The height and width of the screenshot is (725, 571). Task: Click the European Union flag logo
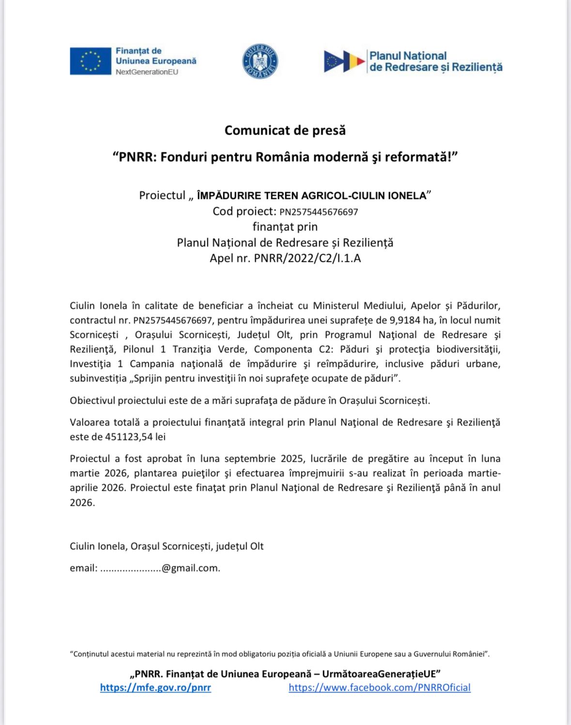[x=90, y=61]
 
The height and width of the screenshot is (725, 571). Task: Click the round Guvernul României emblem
[x=260, y=61]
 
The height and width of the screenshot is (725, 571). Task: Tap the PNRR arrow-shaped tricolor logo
[x=344, y=61]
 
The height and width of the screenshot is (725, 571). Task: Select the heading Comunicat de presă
[x=285, y=130]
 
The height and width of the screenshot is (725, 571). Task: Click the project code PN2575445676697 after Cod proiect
[x=319, y=211]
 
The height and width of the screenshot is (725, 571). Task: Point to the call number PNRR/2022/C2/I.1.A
[x=307, y=258]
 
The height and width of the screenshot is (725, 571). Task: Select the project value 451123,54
[x=128, y=437]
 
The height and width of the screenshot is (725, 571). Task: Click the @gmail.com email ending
[x=191, y=568]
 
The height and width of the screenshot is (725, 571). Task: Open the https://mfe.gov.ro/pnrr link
[x=155, y=687]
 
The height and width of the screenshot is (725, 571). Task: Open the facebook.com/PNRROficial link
[x=379, y=687]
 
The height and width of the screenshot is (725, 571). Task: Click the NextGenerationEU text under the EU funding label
[x=147, y=72]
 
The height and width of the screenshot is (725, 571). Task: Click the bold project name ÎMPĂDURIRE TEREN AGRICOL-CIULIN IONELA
[x=311, y=196]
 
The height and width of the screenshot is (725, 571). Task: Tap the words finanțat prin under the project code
[x=285, y=227]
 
